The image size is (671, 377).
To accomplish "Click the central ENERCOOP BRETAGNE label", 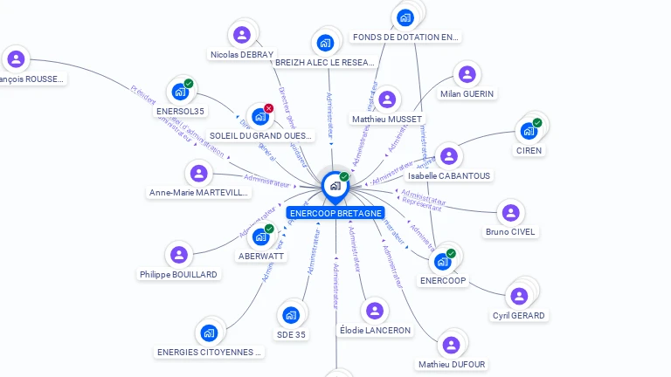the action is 335,213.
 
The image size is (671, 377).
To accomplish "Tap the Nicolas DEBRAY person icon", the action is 242,36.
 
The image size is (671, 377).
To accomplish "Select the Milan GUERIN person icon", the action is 467,75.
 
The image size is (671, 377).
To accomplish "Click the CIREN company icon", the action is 529,132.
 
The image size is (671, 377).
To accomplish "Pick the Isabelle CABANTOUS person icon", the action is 448,157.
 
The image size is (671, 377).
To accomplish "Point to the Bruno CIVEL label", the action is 511,232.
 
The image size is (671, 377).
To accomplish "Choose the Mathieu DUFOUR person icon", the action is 451,346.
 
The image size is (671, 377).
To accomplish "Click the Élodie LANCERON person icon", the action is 375,312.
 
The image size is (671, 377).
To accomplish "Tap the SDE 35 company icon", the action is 291,315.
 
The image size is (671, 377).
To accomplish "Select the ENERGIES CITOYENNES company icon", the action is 209,333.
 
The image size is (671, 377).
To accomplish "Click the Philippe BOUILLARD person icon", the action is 178,255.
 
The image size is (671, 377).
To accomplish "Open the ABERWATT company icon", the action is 260,236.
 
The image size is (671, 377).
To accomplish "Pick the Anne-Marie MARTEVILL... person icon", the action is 199,174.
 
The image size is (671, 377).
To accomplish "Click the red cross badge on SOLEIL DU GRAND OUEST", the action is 269,108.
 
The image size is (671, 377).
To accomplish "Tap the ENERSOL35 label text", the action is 181,111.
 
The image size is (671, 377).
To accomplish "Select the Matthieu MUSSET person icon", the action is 387,99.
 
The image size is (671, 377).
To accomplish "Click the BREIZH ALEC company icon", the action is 325,43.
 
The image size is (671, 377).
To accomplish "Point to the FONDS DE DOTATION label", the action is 405,38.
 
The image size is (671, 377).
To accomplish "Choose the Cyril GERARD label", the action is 519,315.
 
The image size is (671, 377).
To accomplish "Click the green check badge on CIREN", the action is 537,123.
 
